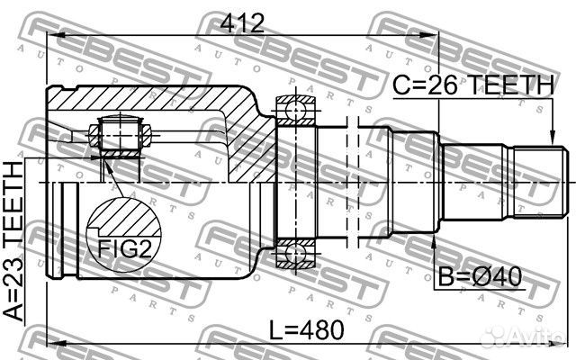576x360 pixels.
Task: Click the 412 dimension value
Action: point(242,23)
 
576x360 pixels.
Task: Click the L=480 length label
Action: point(307,329)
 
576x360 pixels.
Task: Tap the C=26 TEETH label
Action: point(472,85)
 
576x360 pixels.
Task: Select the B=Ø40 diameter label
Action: point(480,276)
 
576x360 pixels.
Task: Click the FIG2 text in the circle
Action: point(124,249)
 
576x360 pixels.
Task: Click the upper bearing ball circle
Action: point(296,110)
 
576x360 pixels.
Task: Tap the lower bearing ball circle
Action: point(296,254)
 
